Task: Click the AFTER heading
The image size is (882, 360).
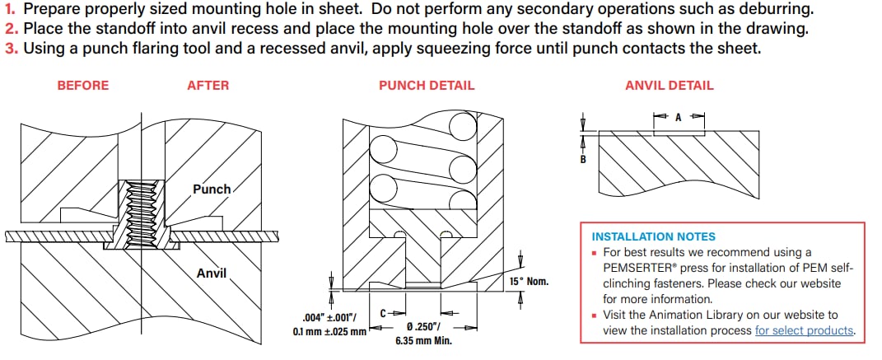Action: (208, 85)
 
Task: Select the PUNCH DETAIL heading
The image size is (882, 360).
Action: (426, 85)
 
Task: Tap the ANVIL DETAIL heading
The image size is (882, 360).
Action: (669, 85)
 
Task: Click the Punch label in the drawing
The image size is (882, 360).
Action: (212, 189)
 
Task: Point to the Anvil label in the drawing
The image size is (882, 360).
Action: (211, 274)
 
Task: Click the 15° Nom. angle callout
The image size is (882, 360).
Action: (529, 283)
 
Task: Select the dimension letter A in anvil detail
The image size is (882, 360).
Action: (679, 118)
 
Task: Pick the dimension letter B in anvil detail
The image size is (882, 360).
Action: (583, 159)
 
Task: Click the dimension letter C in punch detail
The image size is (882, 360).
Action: (384, 313)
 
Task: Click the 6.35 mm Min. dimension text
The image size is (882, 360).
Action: (426, 340)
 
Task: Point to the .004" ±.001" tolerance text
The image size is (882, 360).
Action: (327, 318)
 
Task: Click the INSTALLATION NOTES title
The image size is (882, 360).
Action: (654, 236)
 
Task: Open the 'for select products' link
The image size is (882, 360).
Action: (805, 330)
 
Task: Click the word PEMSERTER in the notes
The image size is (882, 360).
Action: (636, 268)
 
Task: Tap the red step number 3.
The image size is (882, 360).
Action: (11, 48)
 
